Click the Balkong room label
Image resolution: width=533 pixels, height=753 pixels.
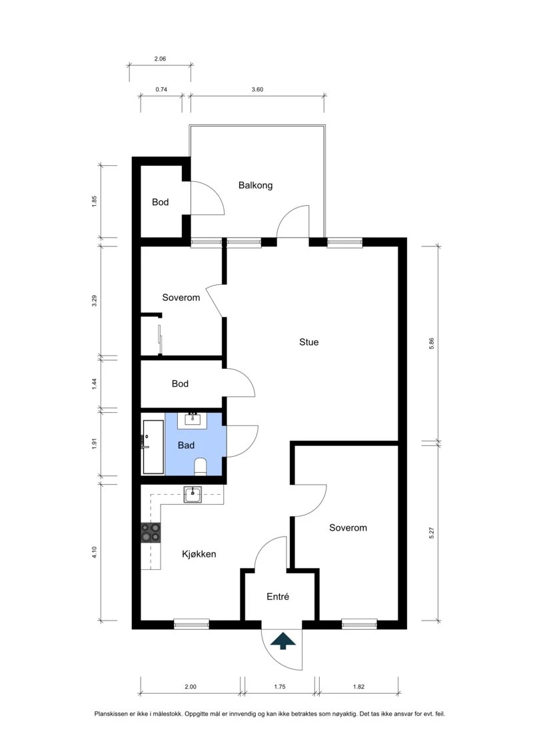[255, 185]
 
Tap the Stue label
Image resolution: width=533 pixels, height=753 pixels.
[308, 342]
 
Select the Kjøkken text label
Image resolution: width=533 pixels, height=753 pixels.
[199, 554]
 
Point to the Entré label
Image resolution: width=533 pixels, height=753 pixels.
[278, 597]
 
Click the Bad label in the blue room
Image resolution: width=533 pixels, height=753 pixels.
[186, 445]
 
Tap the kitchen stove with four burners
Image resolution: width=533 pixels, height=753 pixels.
[151, 533]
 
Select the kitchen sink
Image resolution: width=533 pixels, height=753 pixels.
[193, 494]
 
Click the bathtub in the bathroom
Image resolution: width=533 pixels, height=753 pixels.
[153, 447]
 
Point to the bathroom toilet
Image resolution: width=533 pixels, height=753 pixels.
[201, 466]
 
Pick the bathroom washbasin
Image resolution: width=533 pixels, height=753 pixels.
[193, 419]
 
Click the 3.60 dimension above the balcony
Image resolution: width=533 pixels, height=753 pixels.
[257, 89]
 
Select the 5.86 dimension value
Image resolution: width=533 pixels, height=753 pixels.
[431, 344]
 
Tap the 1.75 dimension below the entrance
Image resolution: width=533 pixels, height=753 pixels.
[280, 686]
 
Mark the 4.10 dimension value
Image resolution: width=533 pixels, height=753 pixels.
[95, 552]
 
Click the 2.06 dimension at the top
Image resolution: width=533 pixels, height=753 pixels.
[160, 59]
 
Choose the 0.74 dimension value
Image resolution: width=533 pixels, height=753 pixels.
[161, 89]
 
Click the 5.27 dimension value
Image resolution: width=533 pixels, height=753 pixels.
[431, 533]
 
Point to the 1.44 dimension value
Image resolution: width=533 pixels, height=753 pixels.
[95, 383]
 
